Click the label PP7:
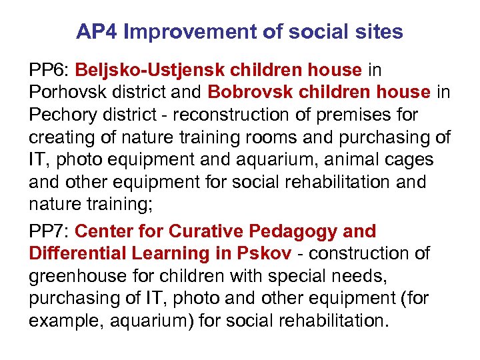[x=49, y=231]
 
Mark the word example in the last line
[x=67, y=322]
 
